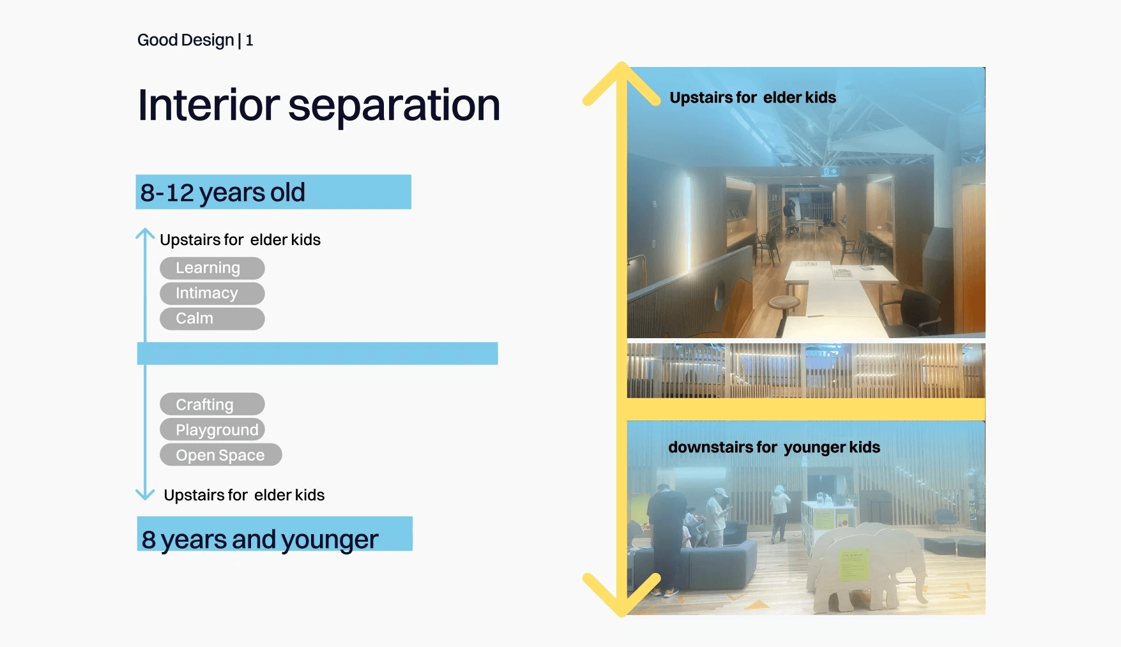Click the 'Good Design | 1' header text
pos(195,40)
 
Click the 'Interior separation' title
pos(319,105)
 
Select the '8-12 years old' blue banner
pos(273,192)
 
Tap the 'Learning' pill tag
pos(212,268)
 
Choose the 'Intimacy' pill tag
pos(212,294)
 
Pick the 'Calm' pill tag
pos(212,318)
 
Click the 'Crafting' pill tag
pos(212,405)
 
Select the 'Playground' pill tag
pos(212,429)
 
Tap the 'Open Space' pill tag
pos(220,455)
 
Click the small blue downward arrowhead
pos(145,495)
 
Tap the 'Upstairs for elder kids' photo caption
pos(753,98)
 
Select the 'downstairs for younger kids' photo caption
pos(774,447)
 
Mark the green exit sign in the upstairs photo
pos(830,171)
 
